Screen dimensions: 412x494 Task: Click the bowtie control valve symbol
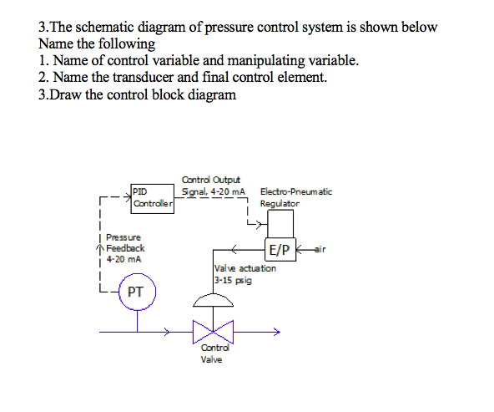click(x=212, y=332)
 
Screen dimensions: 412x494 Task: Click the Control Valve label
click(x=212, y=353)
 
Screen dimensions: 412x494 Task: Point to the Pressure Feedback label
click(x=124, y=243)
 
